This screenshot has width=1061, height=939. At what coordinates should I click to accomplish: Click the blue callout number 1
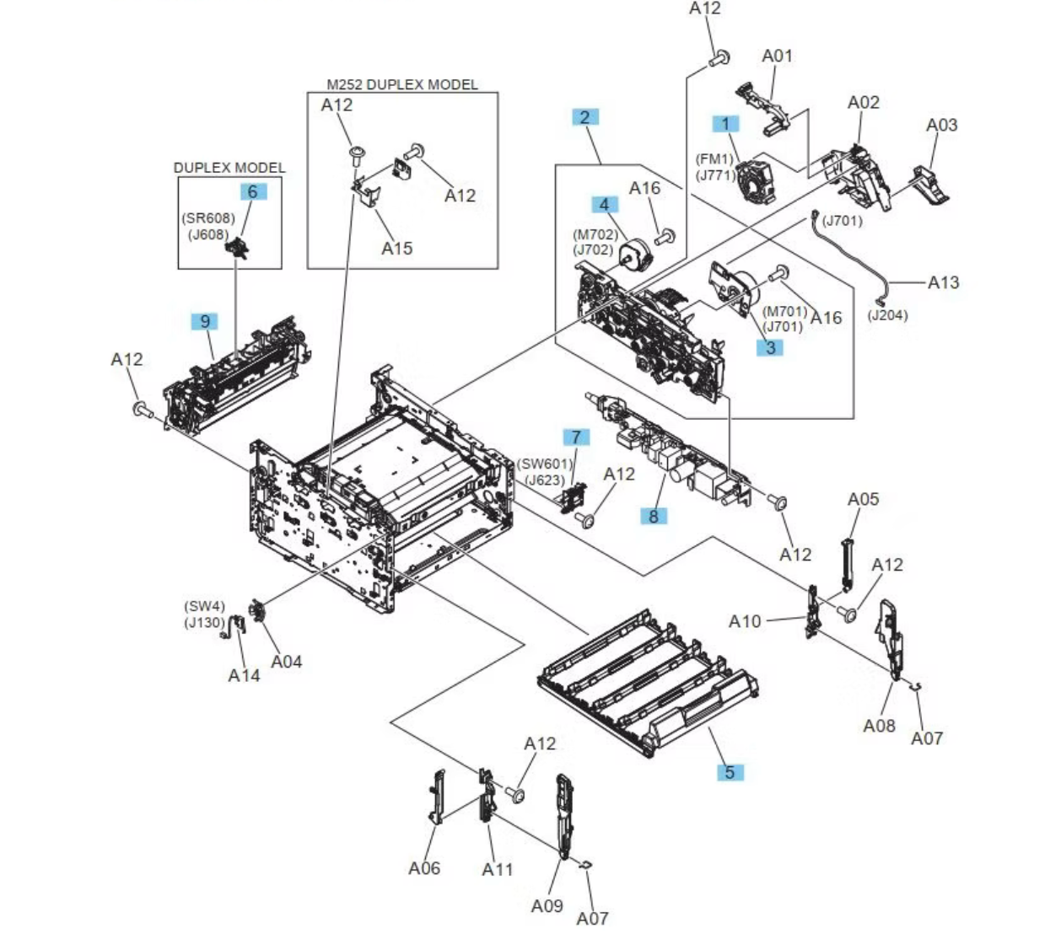point(724,124)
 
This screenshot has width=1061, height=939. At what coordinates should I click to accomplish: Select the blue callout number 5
point(730,771)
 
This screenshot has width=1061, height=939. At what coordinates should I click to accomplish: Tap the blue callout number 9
point(204,321)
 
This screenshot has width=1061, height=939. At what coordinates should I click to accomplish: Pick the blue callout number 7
point(576,437)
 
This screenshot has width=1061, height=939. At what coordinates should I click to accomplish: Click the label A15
point(396,248)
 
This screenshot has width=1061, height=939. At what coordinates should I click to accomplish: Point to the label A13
point(943,282)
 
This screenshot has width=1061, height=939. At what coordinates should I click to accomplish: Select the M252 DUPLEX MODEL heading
point(401,84)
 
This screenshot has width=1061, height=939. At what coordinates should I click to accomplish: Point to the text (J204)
point(887,315)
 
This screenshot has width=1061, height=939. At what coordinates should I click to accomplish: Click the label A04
point(286,662)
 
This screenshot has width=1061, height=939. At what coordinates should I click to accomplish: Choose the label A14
point(244,675)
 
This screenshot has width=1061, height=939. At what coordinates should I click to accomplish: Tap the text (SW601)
point(545,464)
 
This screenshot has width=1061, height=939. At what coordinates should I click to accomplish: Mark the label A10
point(744,621)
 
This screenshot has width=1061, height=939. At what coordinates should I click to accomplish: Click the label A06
point(423,868)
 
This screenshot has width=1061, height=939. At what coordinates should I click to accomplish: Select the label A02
point(863,102)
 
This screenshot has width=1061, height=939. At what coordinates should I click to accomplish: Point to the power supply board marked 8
point(675,451)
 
